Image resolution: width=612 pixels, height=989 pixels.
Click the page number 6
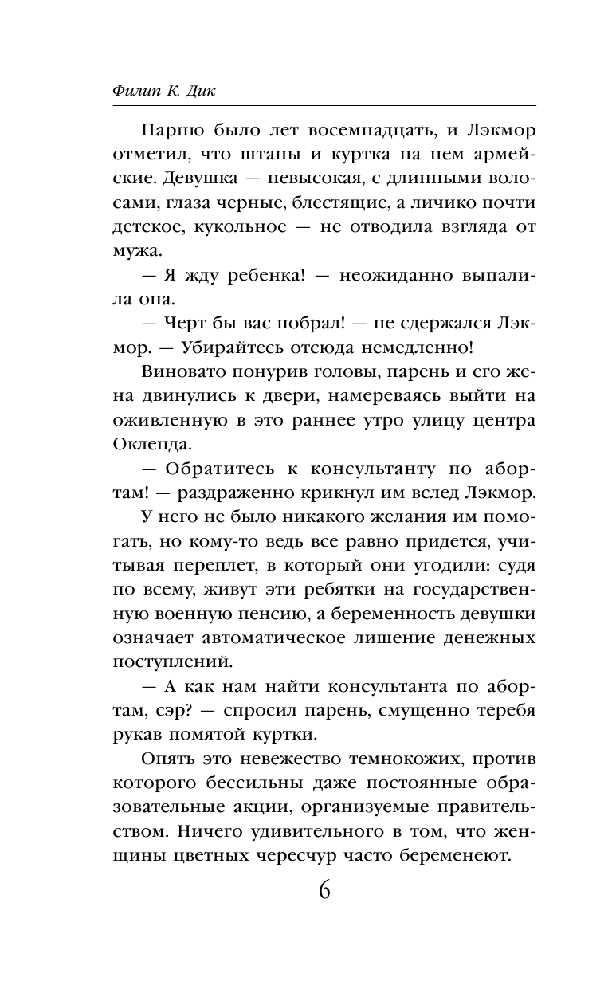324,889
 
